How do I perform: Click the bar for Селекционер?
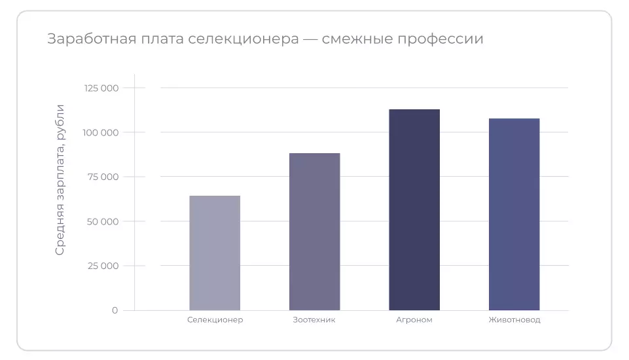(215, 253)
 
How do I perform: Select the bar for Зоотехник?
(314, 232)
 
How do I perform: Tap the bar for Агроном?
(414, 209)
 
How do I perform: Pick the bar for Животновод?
(514, 214)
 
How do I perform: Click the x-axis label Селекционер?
(215, 320)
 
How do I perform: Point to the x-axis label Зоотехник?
(314, 320)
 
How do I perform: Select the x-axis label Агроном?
(414, 320)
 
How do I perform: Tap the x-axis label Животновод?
(514, 320)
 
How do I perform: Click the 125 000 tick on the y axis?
(101, 88)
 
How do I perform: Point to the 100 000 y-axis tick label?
(101, 132)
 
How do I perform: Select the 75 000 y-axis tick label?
(103, 177)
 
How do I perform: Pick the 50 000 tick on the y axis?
(102, 221)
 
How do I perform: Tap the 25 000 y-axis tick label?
(103, 266)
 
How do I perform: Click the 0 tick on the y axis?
(115, 310)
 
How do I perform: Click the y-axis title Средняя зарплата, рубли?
(60, 179)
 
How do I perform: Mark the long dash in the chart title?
(310, 39)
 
